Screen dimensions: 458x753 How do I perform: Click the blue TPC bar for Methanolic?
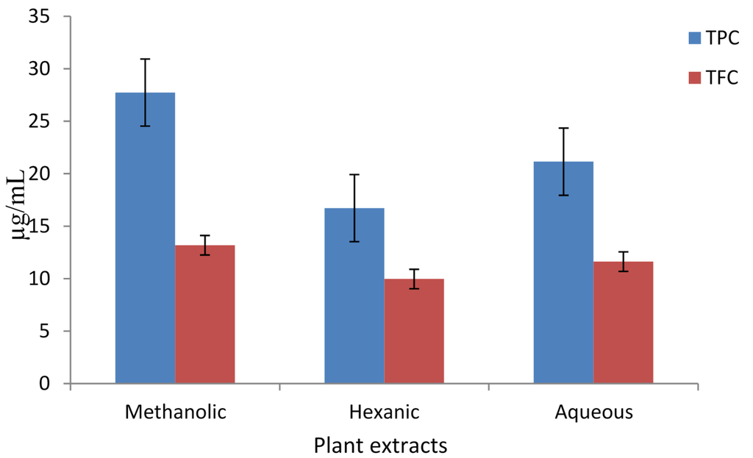145,243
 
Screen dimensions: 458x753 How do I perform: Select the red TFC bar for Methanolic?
204,316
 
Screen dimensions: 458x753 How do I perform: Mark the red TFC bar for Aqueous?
623,323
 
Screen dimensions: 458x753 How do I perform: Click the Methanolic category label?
175,412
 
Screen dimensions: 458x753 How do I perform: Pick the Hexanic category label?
384,412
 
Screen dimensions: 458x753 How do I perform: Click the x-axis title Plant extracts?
380,446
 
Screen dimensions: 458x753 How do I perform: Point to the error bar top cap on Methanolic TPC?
146,59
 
